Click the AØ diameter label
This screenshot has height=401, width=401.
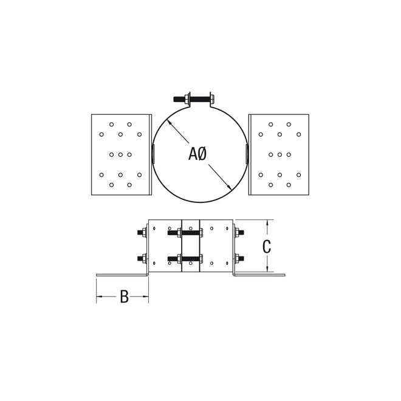tap(198, 154)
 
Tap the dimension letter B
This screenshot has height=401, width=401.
tap(123, 296)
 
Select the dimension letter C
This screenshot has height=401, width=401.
tap(266, 247)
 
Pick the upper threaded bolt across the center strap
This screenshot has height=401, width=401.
tap(191, 232)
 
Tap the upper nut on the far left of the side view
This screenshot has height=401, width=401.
tap(142, 232)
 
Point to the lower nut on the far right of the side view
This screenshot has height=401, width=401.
tap(239, 259)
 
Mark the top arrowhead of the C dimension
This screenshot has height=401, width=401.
tap(266, 223)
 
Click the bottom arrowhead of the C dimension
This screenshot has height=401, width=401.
tap(266, 269)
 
